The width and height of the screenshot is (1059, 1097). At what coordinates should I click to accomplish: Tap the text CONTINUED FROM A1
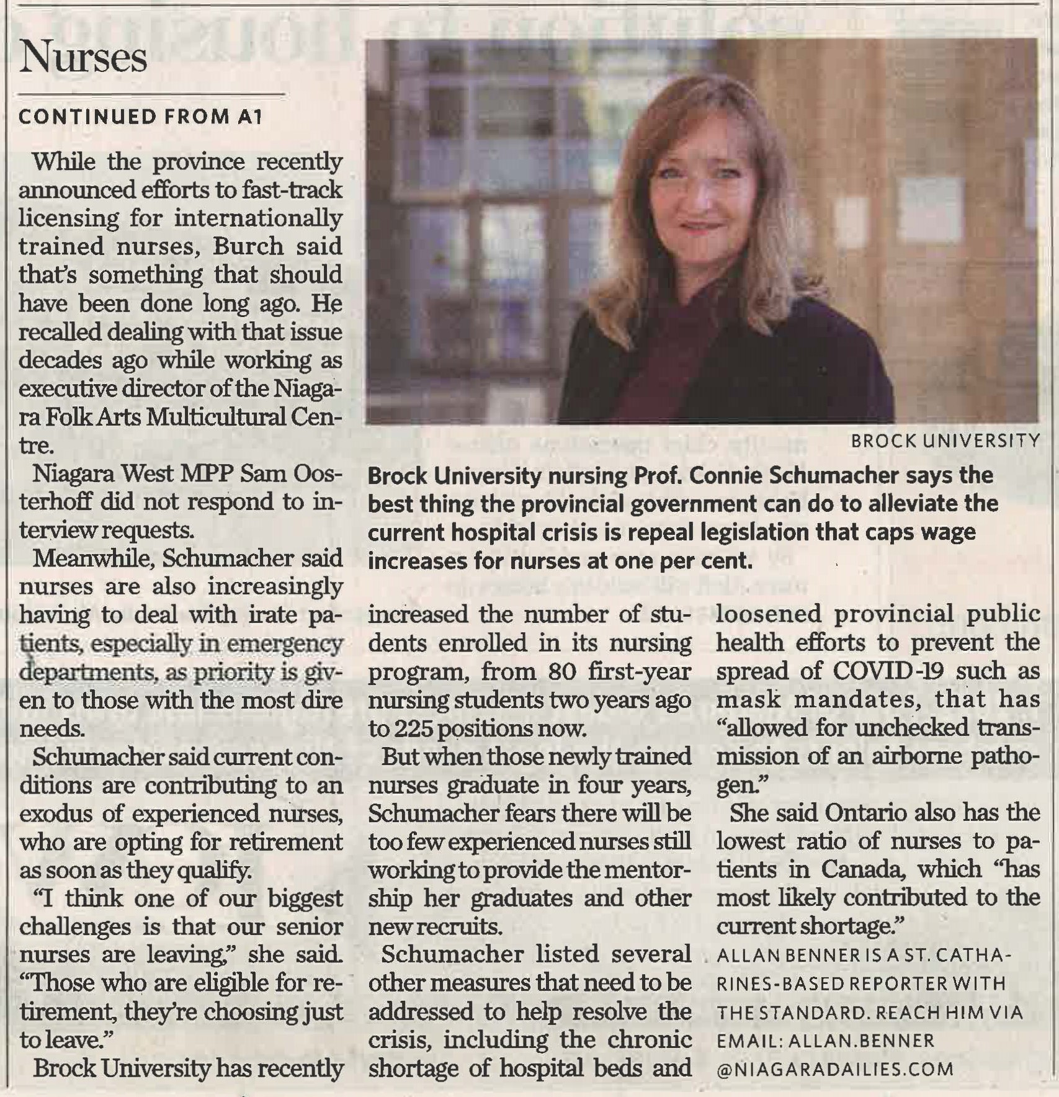[141, 118]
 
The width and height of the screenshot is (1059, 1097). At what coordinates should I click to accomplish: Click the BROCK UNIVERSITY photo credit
[945, 441]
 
